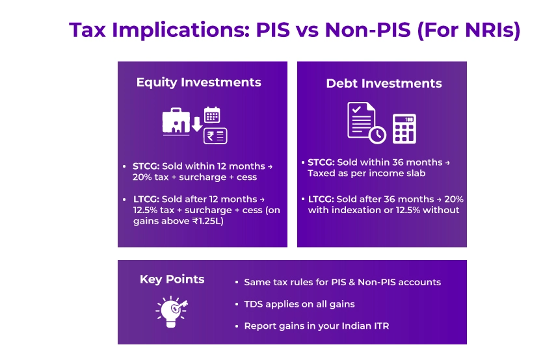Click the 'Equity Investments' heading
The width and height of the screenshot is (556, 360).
click(198, 83)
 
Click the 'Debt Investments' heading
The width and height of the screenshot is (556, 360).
click(384, 83)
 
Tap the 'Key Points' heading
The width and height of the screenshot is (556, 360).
click(172, 279)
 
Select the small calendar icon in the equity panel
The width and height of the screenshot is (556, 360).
click(213, 116)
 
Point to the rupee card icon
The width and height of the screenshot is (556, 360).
click(215, 136)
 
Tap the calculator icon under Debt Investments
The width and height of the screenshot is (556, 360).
click(405, 129)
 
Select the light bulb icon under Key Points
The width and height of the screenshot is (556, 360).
click(171, 309)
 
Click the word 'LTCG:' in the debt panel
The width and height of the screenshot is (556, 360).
click(320, 199)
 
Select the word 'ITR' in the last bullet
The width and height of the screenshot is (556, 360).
click(381, 326)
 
